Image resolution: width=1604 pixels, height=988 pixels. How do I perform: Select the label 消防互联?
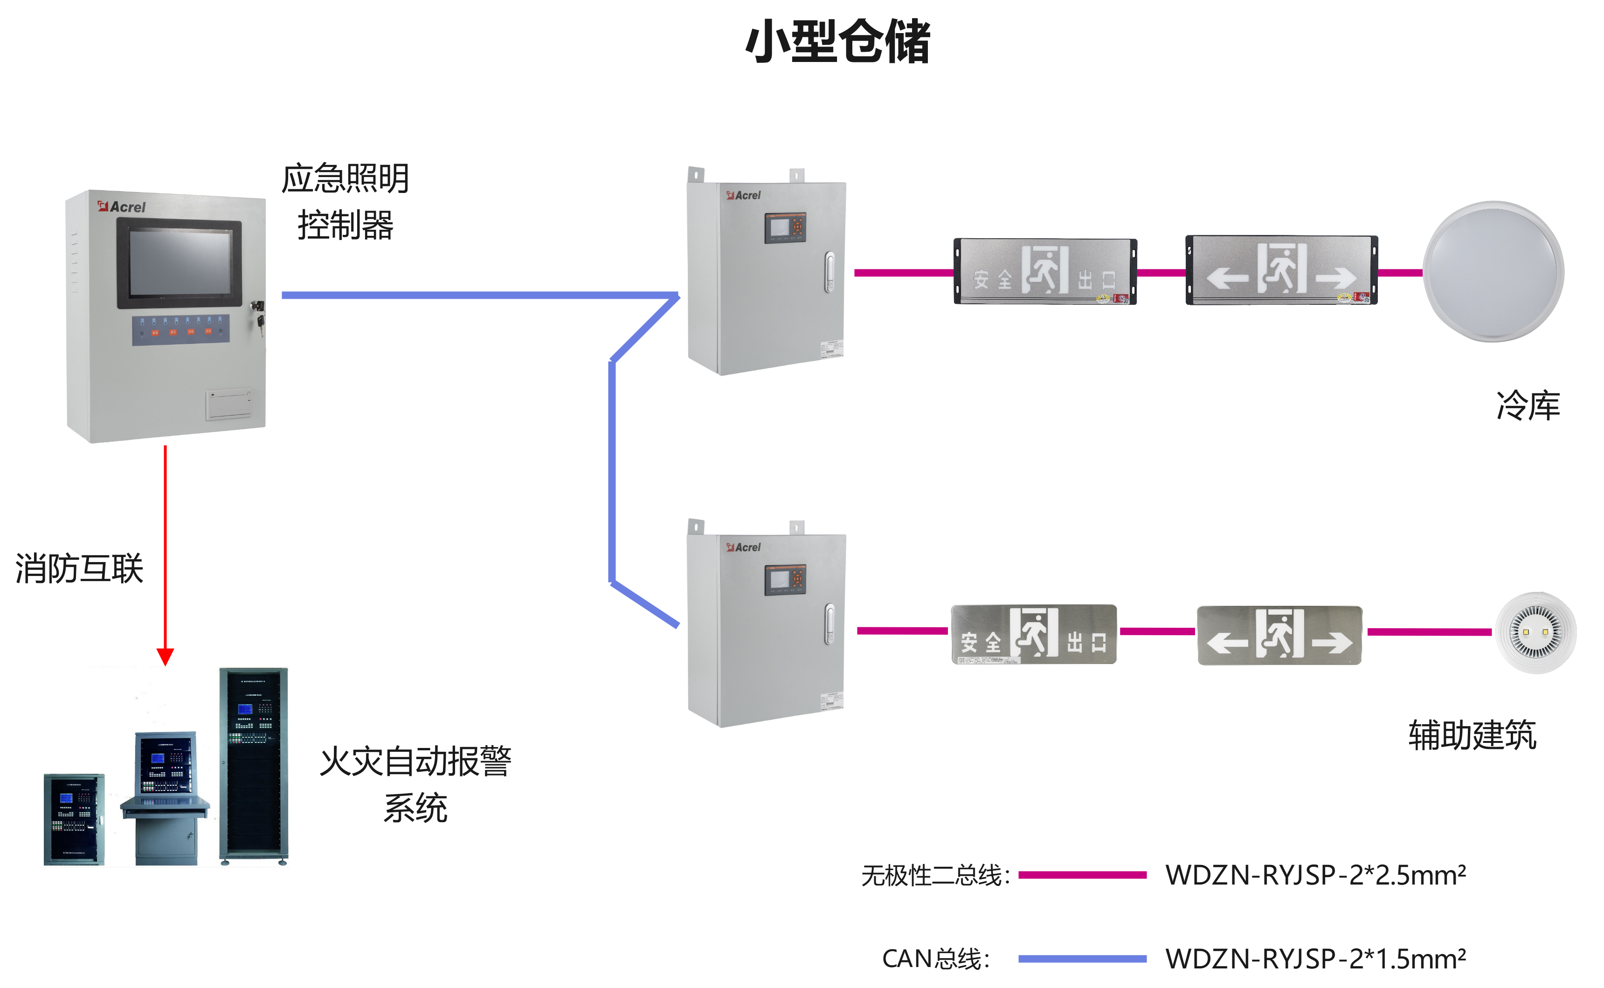coord(79,568)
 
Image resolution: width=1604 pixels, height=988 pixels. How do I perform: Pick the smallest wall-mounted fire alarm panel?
coord(74,819)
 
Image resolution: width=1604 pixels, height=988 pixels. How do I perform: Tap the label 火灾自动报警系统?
coord(416,784)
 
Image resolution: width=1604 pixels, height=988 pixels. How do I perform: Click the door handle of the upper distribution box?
coord(830,272)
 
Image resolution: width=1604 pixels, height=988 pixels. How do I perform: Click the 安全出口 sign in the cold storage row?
coord(1045,271)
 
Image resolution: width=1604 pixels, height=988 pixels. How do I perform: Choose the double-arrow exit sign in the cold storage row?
coord(1281,270)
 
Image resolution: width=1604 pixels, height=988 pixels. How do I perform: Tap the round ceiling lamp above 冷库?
coord(1493,271)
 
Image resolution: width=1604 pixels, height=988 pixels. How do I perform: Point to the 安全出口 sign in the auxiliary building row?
coord(1034,634)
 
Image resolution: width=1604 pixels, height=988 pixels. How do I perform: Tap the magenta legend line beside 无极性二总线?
coord(1082,875)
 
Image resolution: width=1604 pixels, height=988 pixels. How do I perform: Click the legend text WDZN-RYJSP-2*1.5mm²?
coord(1315,959)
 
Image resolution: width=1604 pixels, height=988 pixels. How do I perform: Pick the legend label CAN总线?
coord(935,959)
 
